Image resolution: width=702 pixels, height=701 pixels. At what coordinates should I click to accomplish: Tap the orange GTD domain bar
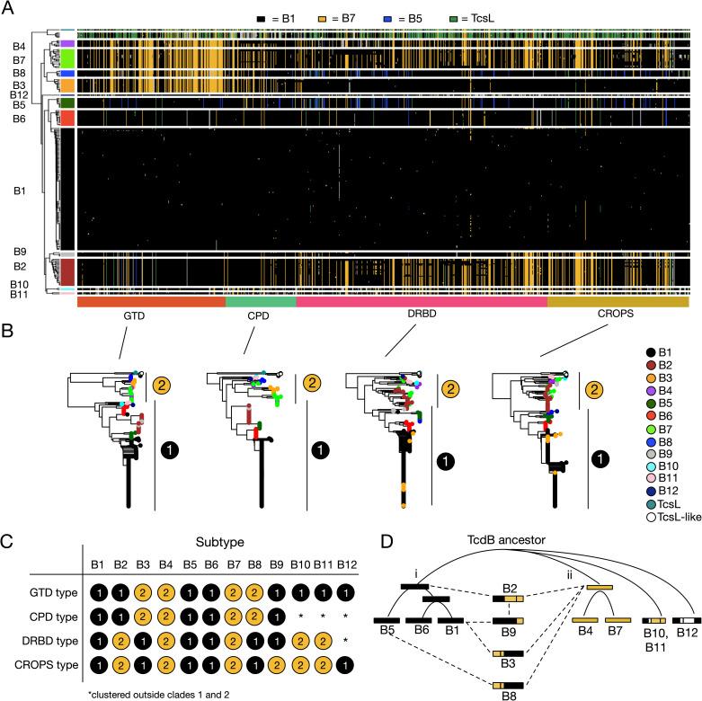click(x=151, y=303)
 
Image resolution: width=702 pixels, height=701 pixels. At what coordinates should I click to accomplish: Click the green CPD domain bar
click(x=260, y=303)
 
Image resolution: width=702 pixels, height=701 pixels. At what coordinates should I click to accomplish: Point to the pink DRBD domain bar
click(x=421, y=303)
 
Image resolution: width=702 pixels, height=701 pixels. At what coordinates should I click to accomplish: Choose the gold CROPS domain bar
click(x=618, y=303)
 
